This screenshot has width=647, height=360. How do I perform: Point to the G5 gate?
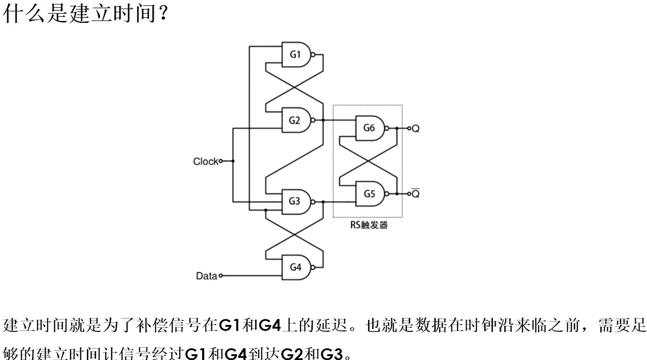point(369,194)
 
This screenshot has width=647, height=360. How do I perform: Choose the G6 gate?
point(369,128)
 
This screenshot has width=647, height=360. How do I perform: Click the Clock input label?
point(205,161)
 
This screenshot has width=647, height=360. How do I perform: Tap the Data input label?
point(206,276)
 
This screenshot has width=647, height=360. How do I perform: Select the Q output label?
point(416,129)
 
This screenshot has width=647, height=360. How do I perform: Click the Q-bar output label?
point(416,194)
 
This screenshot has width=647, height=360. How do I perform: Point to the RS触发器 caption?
point(369,225)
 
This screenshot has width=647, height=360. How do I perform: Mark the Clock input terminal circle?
point(221,161)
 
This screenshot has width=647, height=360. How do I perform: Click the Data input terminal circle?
point(221,275)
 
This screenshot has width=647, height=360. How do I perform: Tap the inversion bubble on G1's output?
point(313,55)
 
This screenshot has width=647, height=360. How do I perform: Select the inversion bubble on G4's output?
point(313,267)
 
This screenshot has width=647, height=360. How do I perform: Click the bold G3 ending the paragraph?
point(332,353)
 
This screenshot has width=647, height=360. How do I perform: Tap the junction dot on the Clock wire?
point(233,161)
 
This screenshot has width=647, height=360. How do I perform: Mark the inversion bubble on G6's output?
point(387,128)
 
